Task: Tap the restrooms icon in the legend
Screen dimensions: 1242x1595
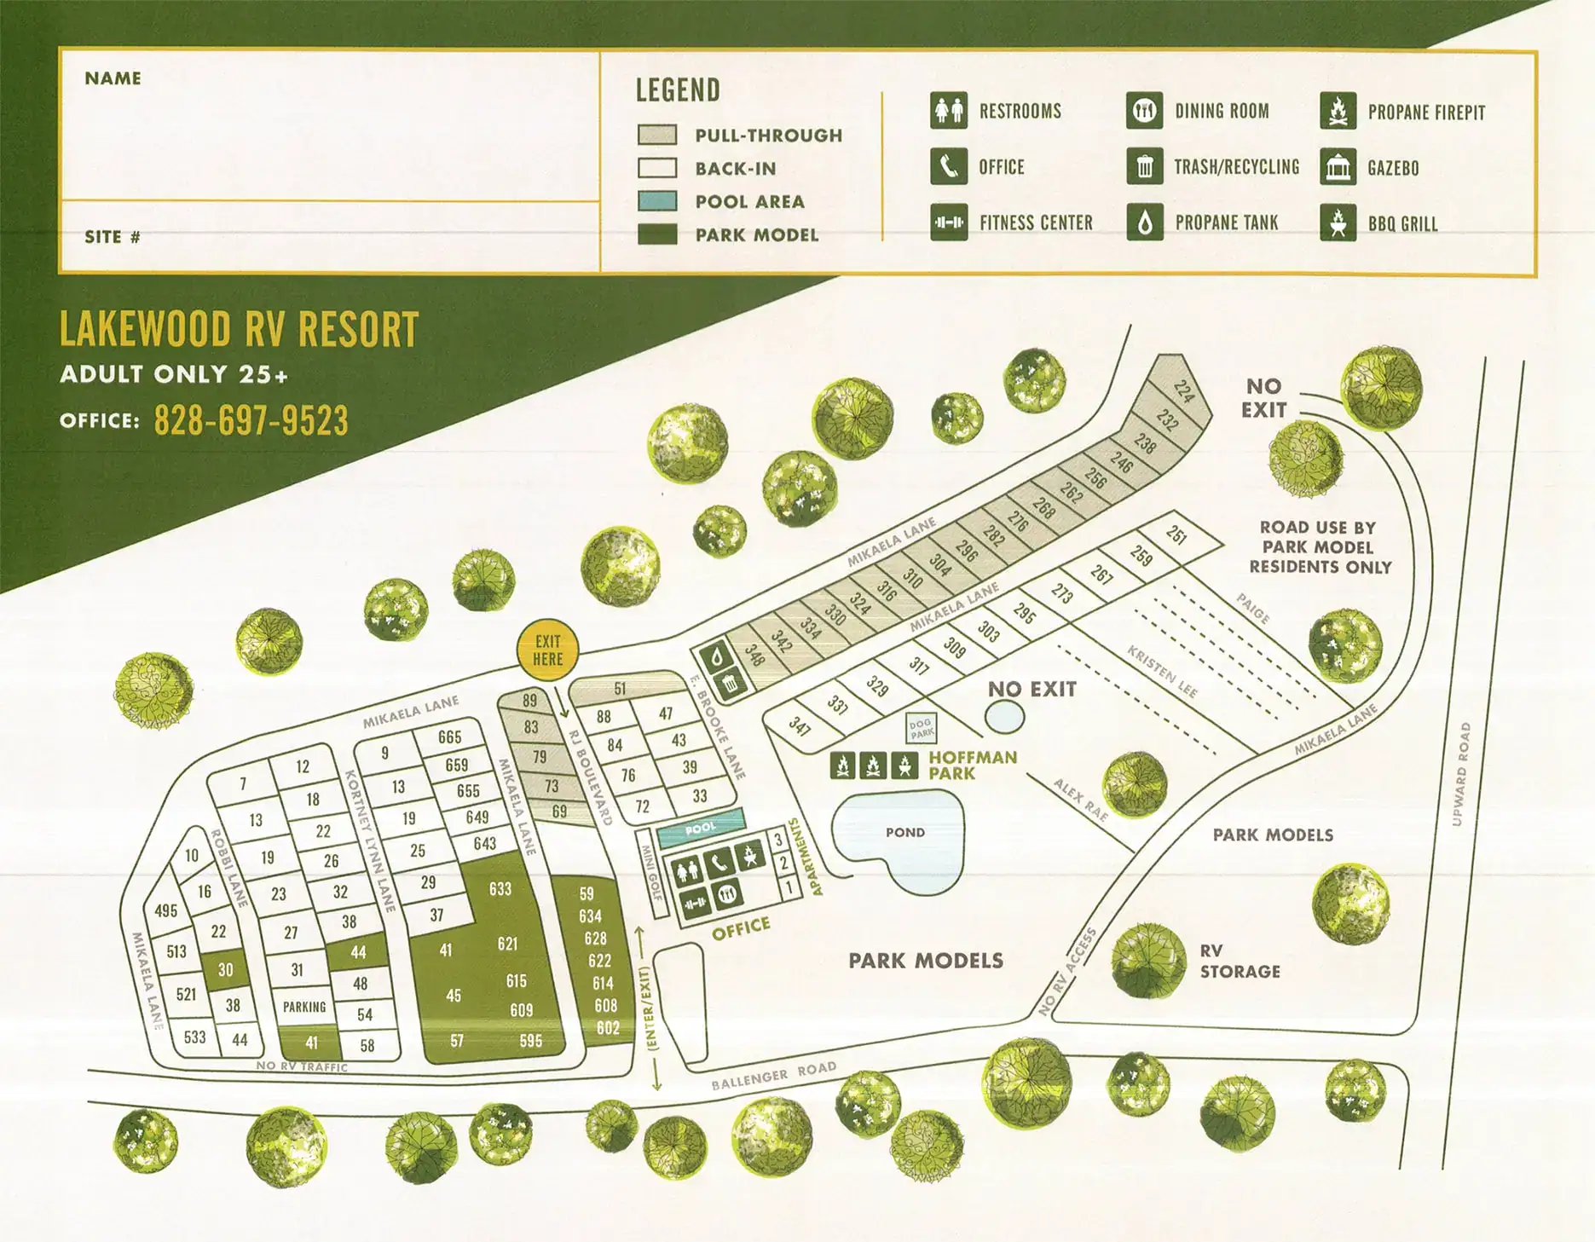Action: click(948, 111)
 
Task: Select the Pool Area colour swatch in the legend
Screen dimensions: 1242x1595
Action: click(657, 201)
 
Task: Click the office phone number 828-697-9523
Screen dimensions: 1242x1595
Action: click(251, 421)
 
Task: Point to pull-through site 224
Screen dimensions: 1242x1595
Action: click(1183, 390)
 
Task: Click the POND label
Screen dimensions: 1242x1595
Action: click(904, 833)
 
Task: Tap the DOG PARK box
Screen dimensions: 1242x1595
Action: click(922, 729)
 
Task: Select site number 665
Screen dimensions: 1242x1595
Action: click(449, 737)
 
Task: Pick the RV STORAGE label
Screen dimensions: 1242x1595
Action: click(1240, 961)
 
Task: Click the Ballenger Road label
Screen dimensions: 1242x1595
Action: click(773, 1076)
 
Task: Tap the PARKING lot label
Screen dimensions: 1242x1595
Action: click(304, 1007)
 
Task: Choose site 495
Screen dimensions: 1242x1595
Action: click(165, 910)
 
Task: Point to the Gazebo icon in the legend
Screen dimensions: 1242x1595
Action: click(1338, 167)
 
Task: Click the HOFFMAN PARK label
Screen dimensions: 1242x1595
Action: click(972, 765)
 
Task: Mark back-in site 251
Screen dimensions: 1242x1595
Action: click(1176, 535)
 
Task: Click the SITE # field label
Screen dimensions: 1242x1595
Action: click(112, 237)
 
